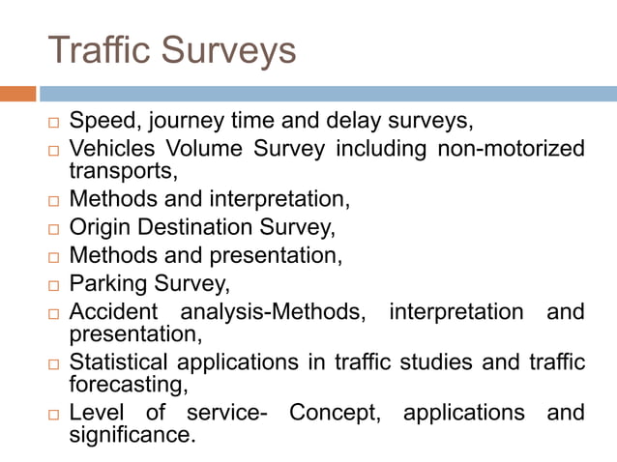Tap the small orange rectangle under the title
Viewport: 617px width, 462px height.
click(x=17, y=94)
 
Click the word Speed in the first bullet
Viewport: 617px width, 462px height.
click(x=102, y=123)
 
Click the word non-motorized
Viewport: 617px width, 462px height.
click(x=511, y=149)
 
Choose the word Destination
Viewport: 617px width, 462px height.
click(x=199, y=228)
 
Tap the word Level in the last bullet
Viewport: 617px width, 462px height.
click(x=96, y=413)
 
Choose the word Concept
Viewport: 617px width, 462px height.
click(x=334, y=413)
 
